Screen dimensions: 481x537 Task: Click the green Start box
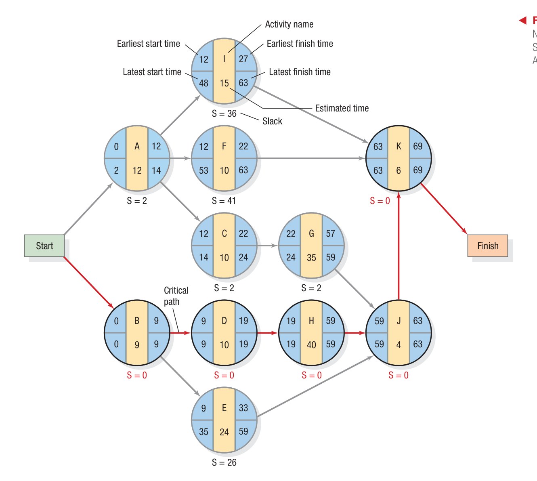pos(44,246)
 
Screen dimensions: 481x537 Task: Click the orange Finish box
pos(487,246)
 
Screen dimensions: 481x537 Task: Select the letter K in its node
pos(399,146)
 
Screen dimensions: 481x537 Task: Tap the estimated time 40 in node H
pos(311,344)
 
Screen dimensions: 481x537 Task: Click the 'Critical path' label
pos(176,296)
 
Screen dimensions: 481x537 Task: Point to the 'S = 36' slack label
pos(224,113)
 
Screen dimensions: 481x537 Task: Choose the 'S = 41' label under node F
pos(224,201)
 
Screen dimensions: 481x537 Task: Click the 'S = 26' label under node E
pos(224,462)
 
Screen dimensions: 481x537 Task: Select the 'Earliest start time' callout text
pos(148,44)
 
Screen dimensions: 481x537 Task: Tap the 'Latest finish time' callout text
pos(300,72)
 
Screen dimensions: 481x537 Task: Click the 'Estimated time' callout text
pos(342,108)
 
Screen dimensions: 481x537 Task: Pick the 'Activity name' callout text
pos(289,24)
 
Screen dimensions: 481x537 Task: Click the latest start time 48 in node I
pos(203,83)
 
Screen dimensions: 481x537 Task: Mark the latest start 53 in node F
pos(203,170)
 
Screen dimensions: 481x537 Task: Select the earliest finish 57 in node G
pos(330,234)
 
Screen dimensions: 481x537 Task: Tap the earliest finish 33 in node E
pos(243,408)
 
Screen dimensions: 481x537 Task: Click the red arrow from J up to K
pos(399,246)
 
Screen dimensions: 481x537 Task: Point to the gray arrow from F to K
pos(311,158)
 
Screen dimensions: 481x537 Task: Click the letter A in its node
pos(137,146)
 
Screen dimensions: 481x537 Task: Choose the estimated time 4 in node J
pos(399,344)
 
